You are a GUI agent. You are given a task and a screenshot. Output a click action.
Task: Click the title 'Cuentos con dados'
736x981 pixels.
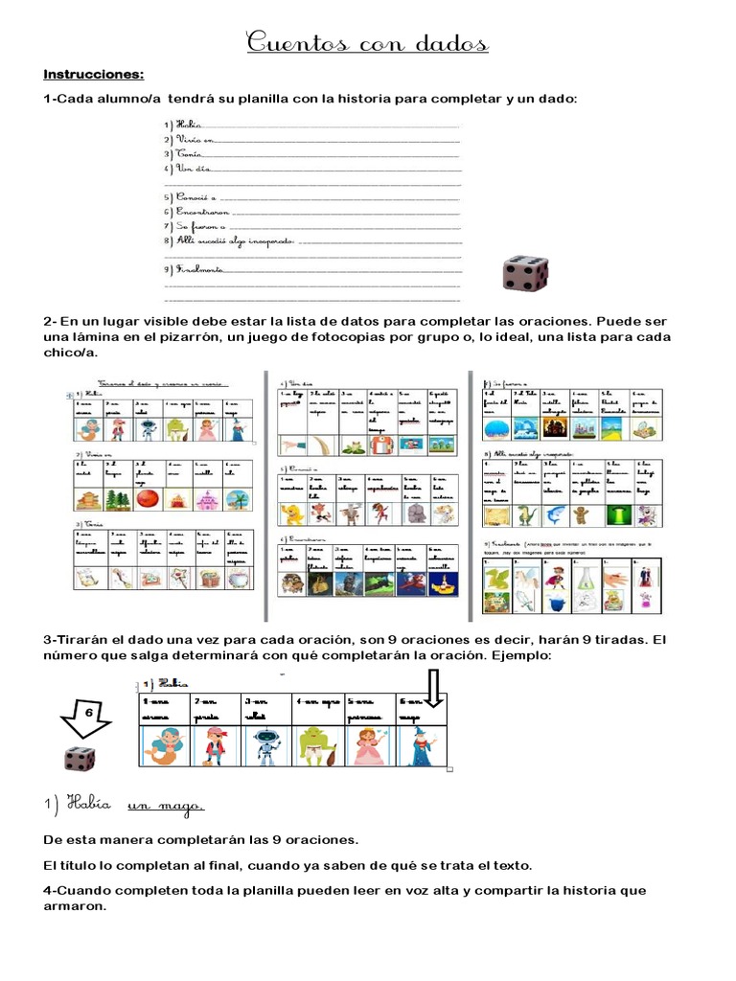click(368, 43)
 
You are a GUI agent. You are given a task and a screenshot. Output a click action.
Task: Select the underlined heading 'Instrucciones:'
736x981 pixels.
click(93, 74)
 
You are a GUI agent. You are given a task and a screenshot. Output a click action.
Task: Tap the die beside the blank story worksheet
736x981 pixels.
click(525, 272)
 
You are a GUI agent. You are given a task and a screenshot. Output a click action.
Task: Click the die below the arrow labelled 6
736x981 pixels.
click(80, 760)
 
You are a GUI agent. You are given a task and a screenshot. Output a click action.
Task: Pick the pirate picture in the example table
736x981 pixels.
click(216, 746)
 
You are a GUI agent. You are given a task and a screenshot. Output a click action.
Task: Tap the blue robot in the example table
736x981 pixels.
click(266, 746)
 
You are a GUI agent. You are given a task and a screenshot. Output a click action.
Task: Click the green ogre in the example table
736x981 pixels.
click(318, 746)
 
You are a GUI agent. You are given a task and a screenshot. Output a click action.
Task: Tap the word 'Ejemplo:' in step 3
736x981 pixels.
click(518, 656)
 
